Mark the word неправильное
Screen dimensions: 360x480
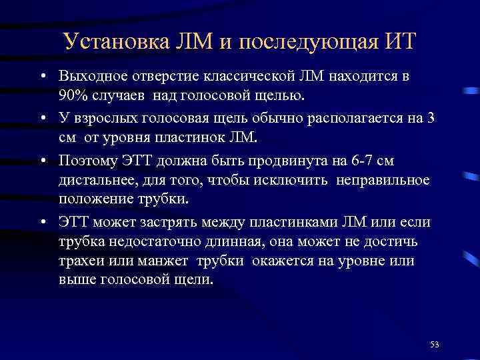coord(383,180)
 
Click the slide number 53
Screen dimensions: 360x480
coord(435,344)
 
